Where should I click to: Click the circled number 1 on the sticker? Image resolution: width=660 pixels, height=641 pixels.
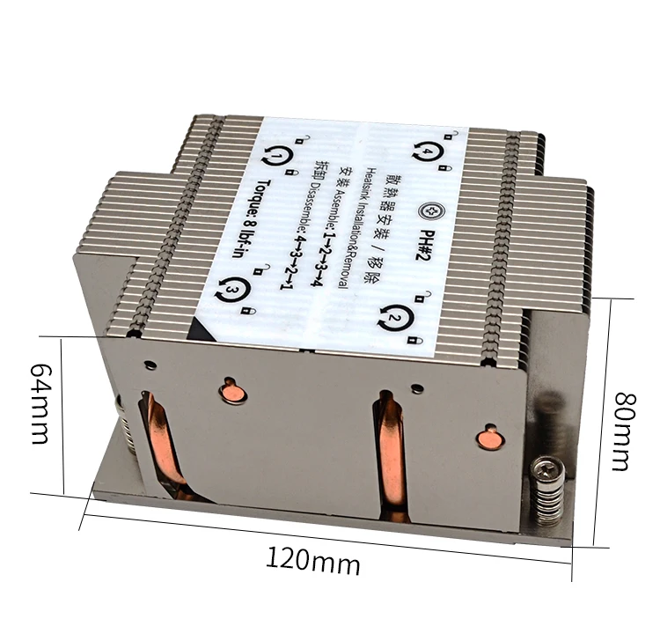[276, 156]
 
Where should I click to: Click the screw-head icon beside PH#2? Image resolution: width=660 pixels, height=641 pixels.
[432, 210]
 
